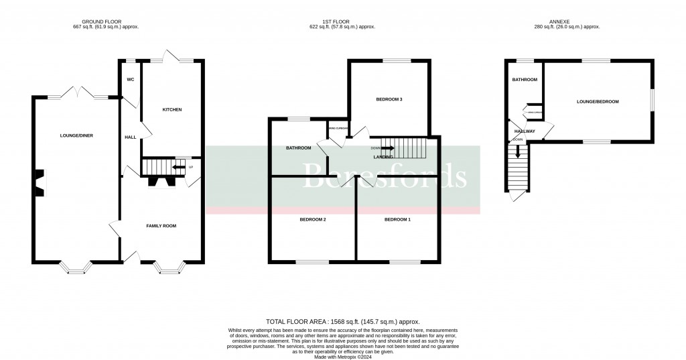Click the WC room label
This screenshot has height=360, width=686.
[x=130, y=80]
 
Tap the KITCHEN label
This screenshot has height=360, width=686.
[x=171, y=109]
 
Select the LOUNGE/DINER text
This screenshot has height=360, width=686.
[x=76, y=135]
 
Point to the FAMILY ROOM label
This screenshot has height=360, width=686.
[x=161, y=226]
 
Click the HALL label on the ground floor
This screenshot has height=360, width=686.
[x=130, y=137]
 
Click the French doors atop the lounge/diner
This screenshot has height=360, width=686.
[x=78, y=93]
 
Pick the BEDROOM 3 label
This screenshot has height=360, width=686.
[x=389, y=100]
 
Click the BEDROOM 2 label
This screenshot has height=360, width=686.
[x=312, y=220]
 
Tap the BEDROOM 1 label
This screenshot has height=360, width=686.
[x=398, y=220]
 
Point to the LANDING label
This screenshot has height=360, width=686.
[x=383, y=157]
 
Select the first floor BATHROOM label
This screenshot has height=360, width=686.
[x=299, y=148]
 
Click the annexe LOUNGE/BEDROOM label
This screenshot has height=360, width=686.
[x=598, y=102]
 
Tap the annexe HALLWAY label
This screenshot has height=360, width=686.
[x=525, y=131]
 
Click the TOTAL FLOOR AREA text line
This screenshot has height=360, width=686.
[x=342, y=322]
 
